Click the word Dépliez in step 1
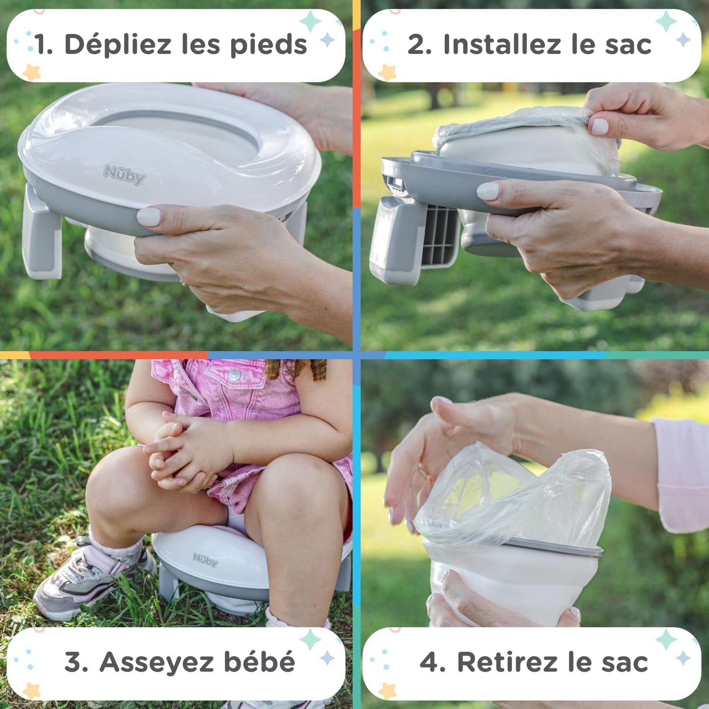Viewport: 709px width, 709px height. click(x=118, y=45)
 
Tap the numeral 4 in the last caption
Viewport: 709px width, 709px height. click(x=430, y=662)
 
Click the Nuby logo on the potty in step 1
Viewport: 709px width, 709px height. click(x=125, y=174)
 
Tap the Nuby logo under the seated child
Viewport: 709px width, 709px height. click(x=205, y=559)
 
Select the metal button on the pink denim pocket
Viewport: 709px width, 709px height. click(x=234, y=375)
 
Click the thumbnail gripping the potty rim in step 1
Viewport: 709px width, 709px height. click(x=148, y=216)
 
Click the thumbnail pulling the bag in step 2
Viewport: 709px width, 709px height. click(x=600, y=126)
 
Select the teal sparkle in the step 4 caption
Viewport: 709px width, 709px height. click(x=666, y=639)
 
